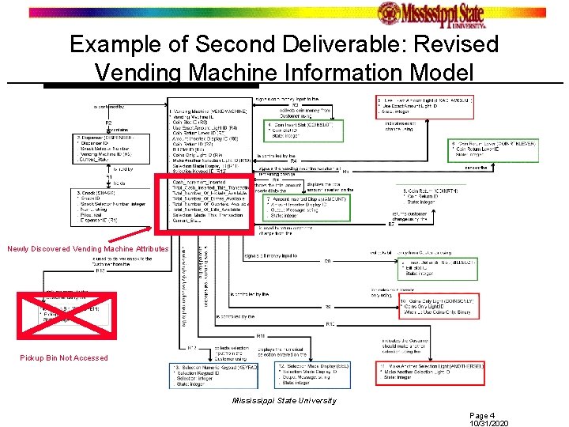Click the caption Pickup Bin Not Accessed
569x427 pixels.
(x=64, y=358)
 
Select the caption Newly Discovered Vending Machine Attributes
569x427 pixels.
(x=87, y=249)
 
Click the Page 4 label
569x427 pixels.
(x=481, y=414)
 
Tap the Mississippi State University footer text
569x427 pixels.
(x=284, y=400)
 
